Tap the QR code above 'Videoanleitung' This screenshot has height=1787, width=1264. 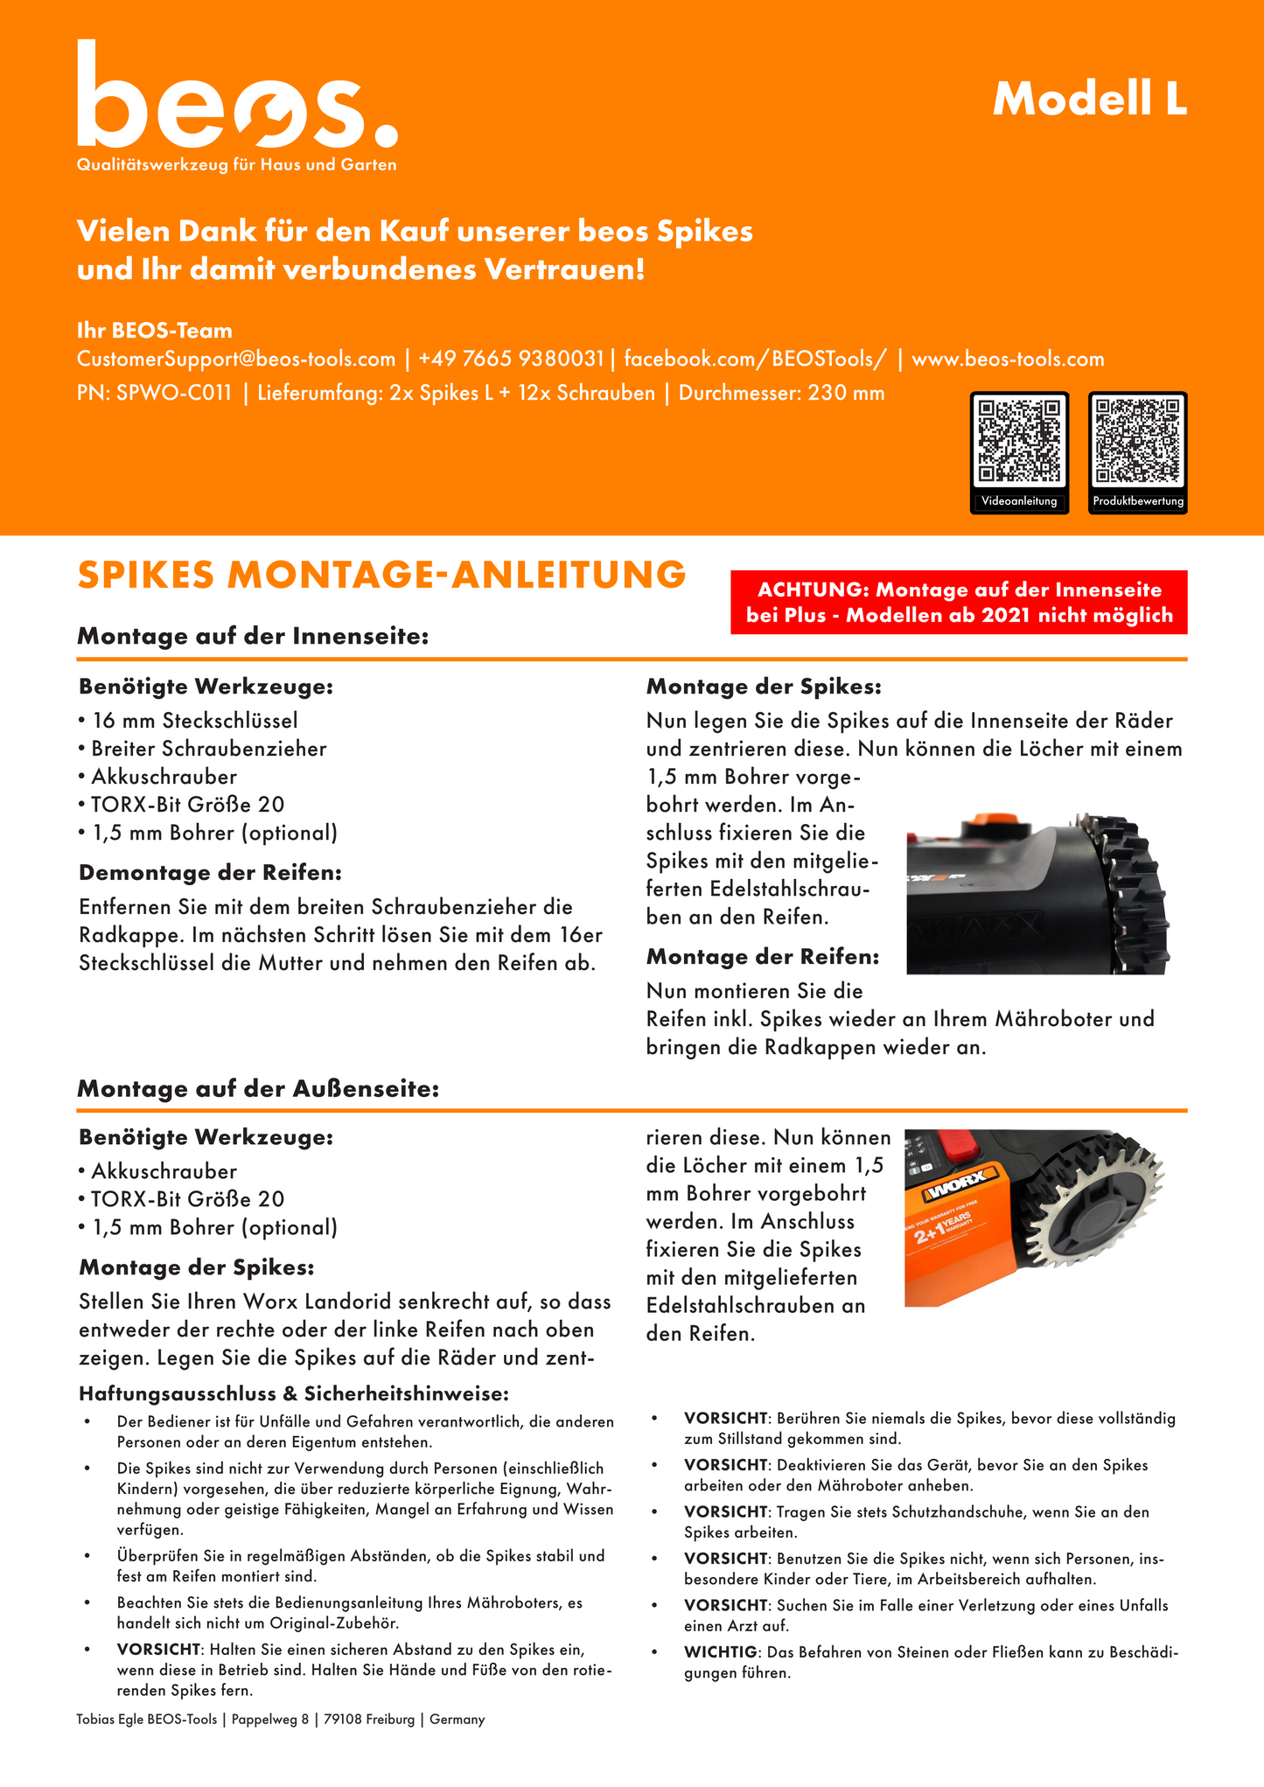(1019, 440)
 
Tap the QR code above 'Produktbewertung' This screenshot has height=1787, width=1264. (1137, 440)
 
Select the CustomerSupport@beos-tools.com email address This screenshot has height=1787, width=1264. (236, 359)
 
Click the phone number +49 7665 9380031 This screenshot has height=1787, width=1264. (511, 359)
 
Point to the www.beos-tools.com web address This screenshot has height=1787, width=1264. (1008, 359)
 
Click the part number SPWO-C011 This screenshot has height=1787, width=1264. (174, 394)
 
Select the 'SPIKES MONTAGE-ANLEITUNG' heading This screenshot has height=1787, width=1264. (381, 576)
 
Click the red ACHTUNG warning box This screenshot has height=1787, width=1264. (959, 603)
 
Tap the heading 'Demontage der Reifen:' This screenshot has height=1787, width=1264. (210, 873)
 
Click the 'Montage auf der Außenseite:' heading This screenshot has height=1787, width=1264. (258, 1090)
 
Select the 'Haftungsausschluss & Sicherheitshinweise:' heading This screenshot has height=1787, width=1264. (294, 1393)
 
